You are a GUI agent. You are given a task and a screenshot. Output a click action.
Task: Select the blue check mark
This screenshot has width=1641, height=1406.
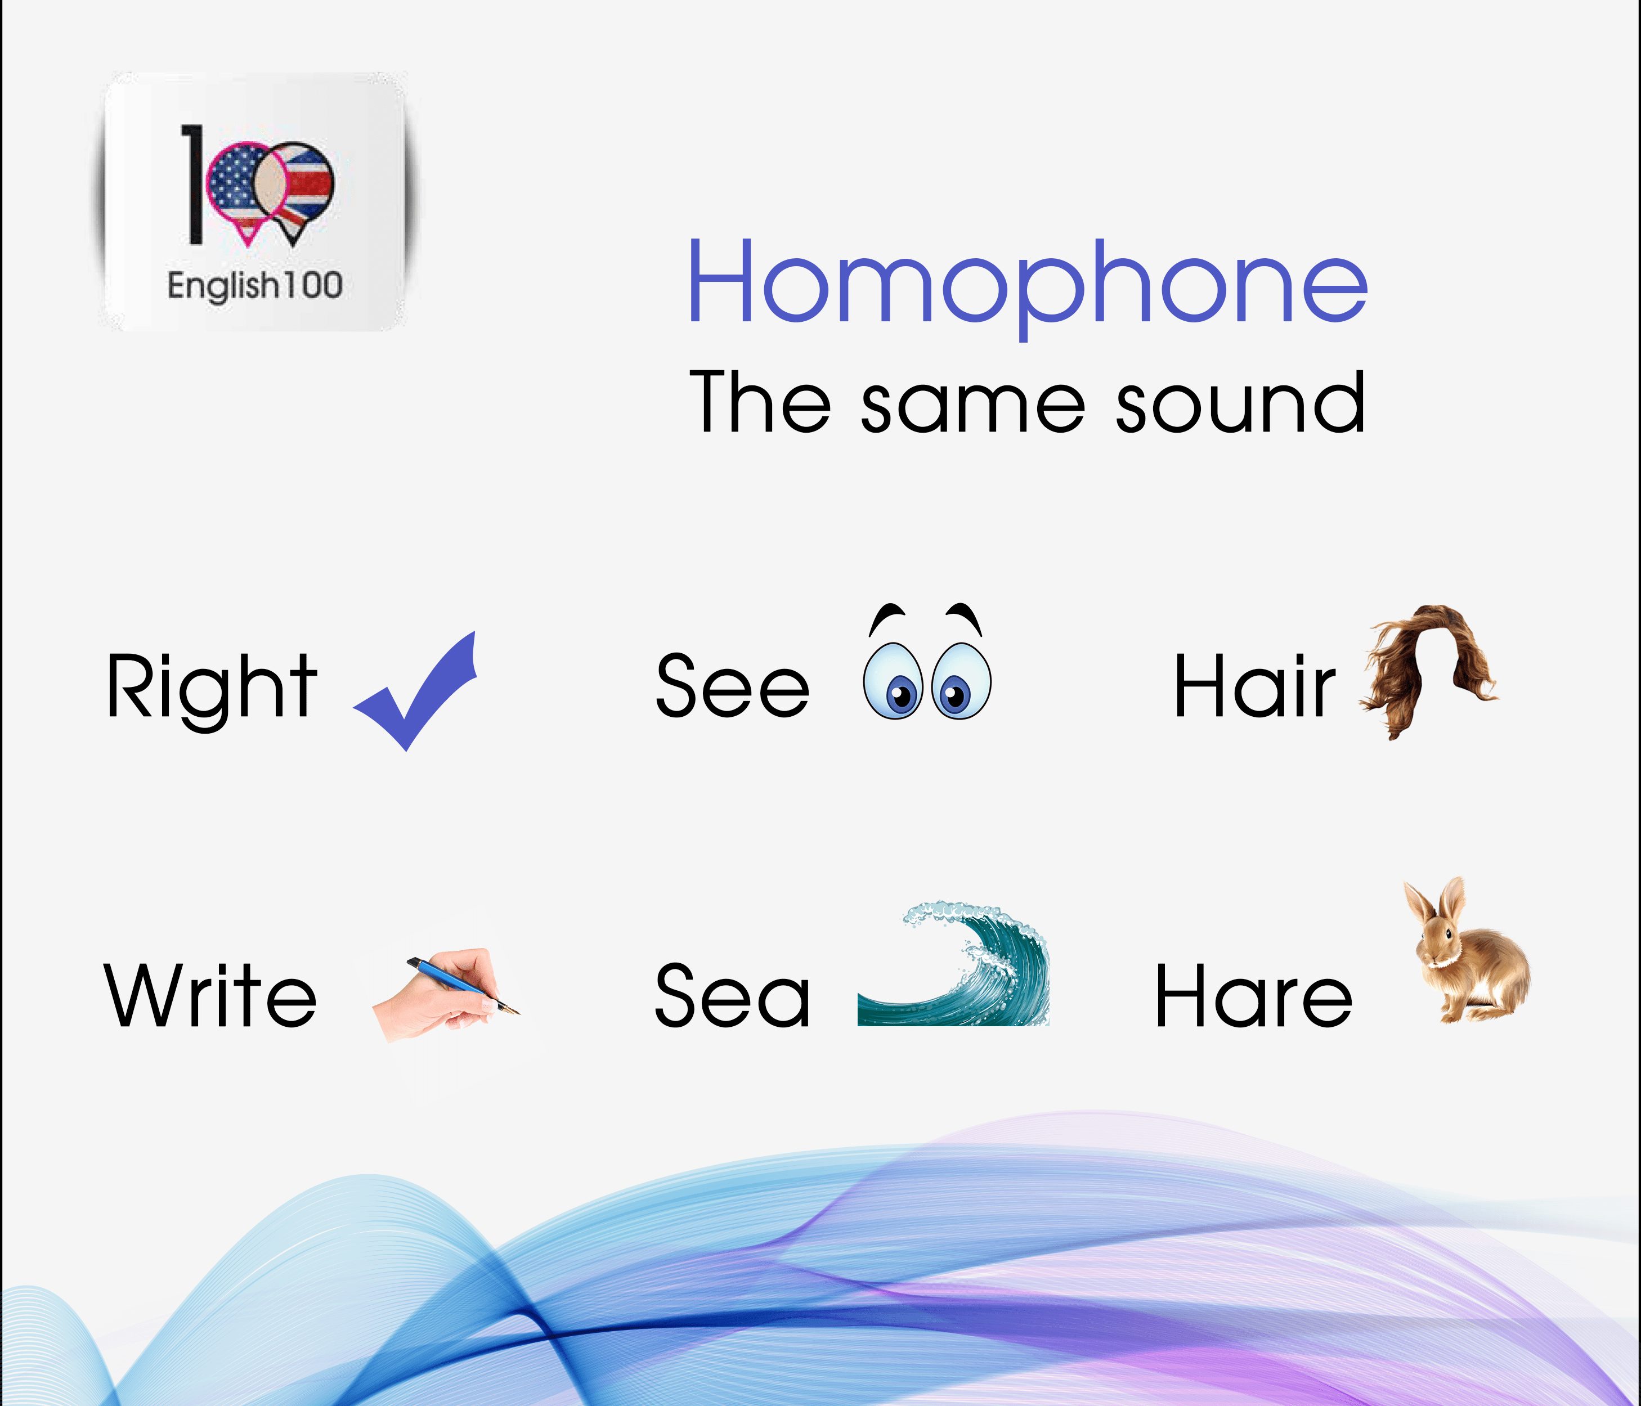415,691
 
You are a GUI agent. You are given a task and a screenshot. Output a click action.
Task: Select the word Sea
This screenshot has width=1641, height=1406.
733,996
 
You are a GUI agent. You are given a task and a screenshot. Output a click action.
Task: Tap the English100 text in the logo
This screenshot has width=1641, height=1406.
255,286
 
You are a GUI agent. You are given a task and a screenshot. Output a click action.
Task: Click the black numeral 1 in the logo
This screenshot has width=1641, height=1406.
192,183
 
